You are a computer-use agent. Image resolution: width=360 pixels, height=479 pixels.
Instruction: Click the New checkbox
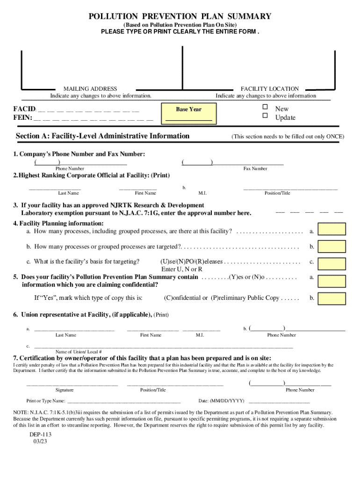click(265, 108)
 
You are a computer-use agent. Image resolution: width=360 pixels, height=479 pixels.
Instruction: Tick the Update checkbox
click(265, 116)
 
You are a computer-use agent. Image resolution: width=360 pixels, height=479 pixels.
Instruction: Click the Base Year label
click(189, 109)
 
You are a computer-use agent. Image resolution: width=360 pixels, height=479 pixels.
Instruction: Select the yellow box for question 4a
click(332, 229)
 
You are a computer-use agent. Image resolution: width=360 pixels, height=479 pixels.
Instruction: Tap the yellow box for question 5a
click(332, 281)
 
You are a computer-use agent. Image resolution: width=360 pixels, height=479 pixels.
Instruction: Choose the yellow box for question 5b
click(332, 298)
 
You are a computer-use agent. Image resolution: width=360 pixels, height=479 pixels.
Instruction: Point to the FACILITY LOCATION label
click(270, 88)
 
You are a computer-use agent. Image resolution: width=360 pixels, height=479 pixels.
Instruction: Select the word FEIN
click(22, 117)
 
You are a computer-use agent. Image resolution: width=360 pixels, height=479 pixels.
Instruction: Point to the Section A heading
click(102, 136)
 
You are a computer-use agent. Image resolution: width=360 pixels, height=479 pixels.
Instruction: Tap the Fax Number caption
click(255, 168)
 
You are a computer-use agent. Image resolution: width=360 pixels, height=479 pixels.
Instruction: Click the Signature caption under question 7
click(65, 390)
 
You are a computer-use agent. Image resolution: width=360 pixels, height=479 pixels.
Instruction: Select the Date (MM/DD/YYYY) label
click(221, 401)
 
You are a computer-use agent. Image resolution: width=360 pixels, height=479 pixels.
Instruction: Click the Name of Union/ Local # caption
click(79, 351)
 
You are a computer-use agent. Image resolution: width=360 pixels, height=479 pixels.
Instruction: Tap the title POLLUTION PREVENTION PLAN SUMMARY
click(180, 17)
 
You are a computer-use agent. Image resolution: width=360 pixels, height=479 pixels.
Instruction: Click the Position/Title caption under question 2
click(277, 193)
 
